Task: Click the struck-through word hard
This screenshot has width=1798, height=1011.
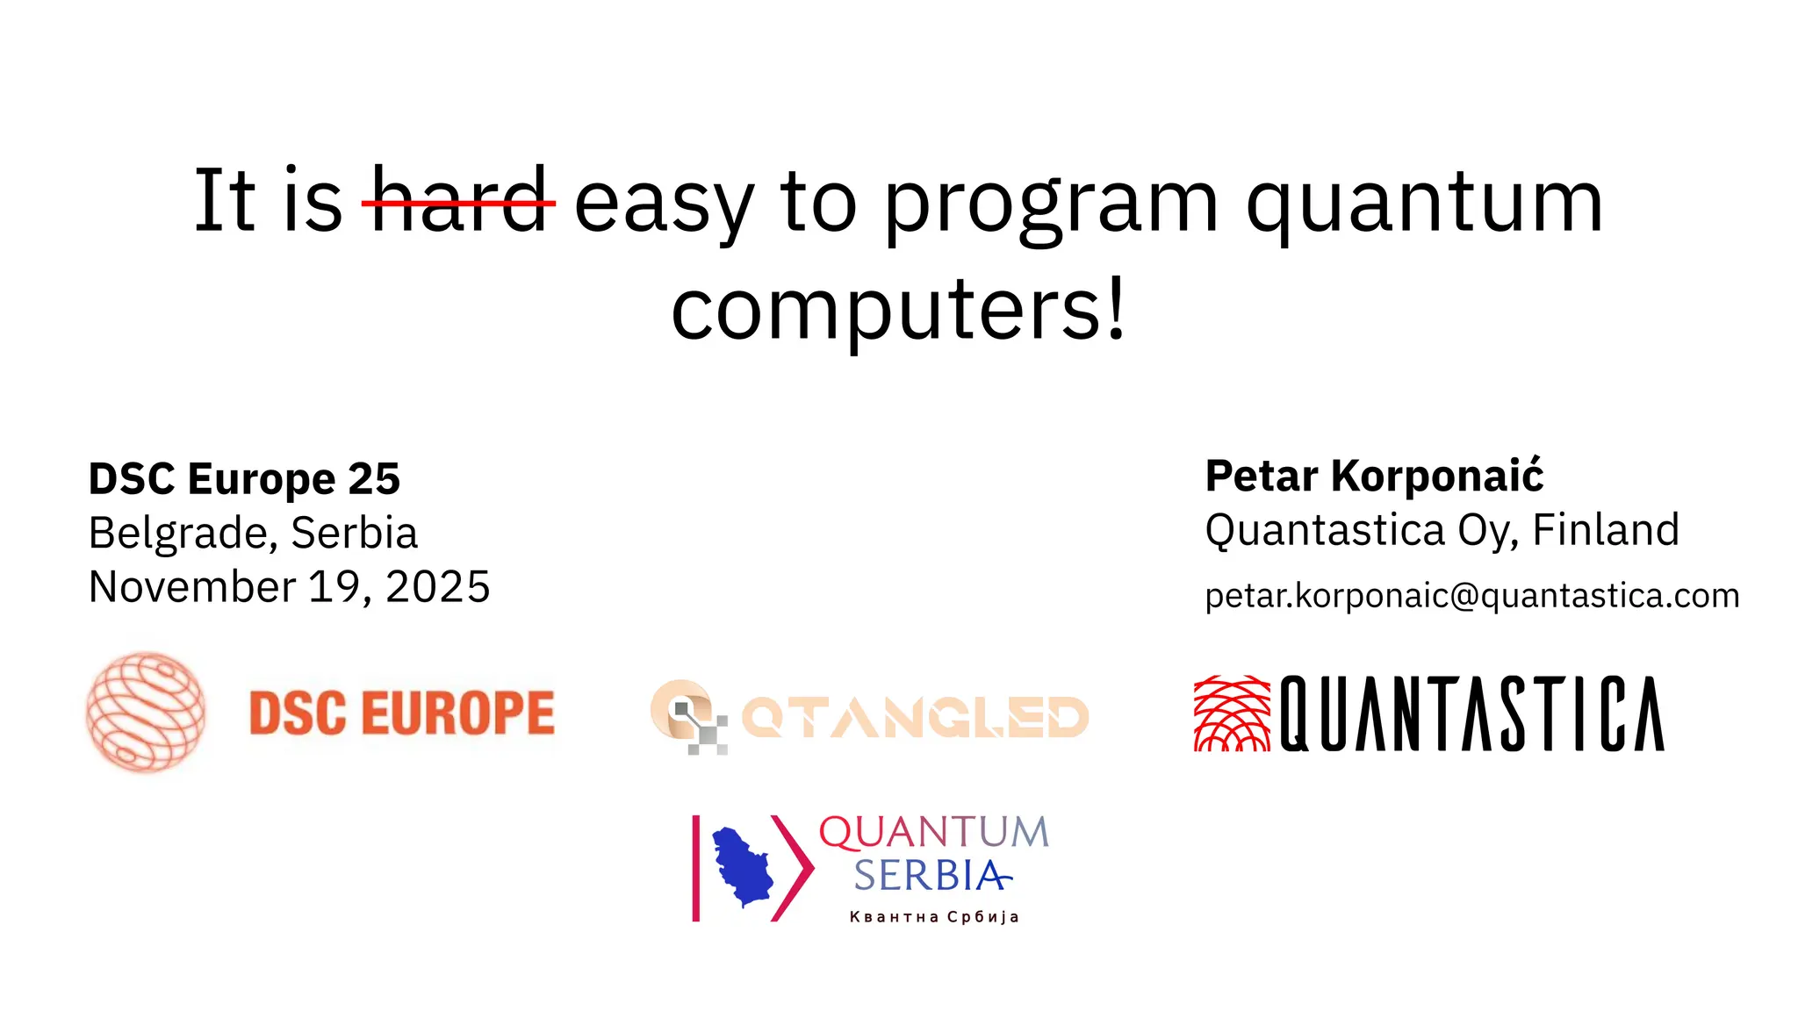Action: coord(459,202)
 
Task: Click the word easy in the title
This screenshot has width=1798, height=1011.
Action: coord(664,204)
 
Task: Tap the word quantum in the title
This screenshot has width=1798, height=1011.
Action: coord(1424,204)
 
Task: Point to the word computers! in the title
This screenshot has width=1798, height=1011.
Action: coord(898,311)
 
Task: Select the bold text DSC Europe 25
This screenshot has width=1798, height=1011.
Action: coord(244,479)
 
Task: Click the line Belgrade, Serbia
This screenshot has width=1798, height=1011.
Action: coord(253,533)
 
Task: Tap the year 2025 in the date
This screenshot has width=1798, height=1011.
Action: coord(437,586)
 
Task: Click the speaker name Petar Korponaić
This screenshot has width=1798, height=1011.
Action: coord(1374,477)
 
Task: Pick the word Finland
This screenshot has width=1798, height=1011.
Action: coord(1606,530)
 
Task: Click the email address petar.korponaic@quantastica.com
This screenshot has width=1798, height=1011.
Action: coord(1471,596)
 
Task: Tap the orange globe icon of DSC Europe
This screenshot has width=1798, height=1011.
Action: coord(146,712)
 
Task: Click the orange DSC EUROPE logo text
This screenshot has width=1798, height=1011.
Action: coord(402,713)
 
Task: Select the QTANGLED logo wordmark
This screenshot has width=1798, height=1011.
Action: coord(915,718)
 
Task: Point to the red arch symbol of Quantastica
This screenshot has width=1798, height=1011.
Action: coord(1232,713)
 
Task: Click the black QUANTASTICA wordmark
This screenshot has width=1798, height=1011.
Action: coord(1471,713)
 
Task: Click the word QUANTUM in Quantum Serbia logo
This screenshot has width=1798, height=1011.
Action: coord(933,833)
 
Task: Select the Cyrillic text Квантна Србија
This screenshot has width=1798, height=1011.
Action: coord(933,917)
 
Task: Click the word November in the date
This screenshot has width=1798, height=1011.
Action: coord(192,586)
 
